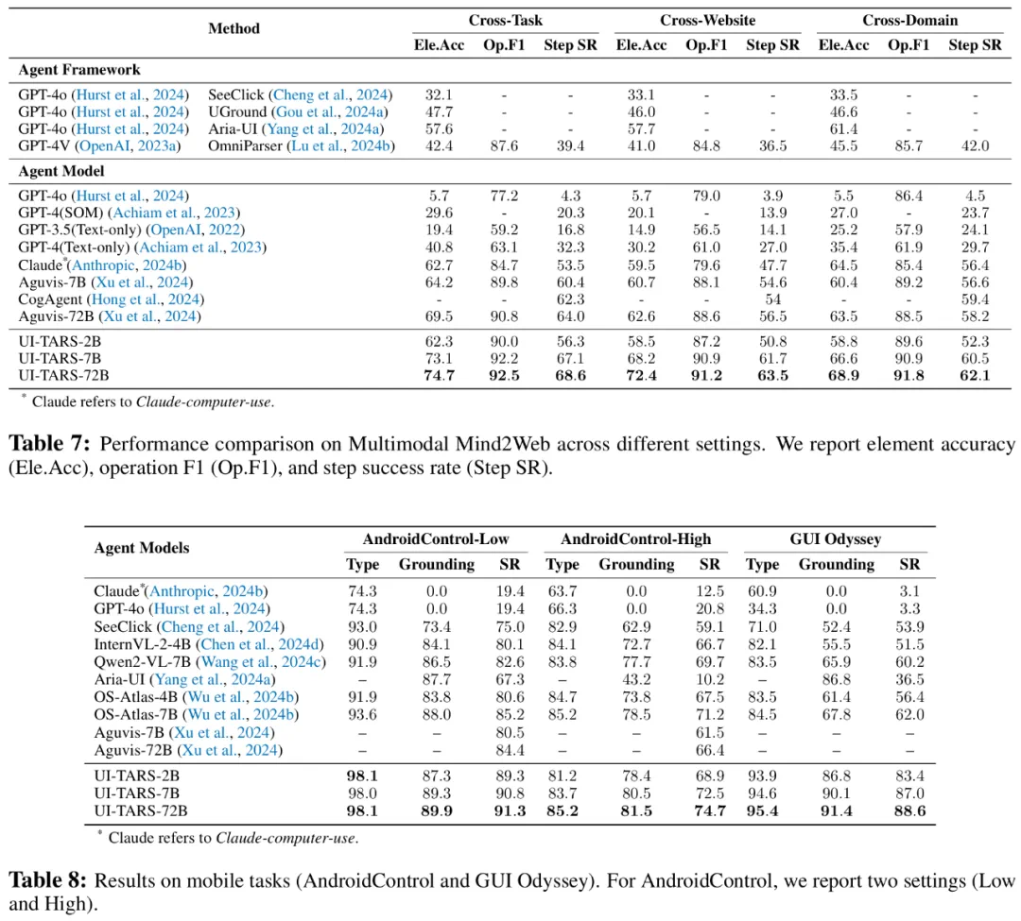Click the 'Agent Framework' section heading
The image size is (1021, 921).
[79, 70]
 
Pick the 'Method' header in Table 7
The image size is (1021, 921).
[234, 28]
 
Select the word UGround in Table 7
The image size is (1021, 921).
[237, 111]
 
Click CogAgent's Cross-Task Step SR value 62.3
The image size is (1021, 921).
[570, 299]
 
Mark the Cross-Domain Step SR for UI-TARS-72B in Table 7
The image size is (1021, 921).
[975, 376]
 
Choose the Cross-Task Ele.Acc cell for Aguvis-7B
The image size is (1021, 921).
[439, 282]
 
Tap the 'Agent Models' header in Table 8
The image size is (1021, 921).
[142, 548]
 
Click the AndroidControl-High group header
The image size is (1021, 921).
[635, 539]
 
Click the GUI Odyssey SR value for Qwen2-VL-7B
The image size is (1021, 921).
[909, 661]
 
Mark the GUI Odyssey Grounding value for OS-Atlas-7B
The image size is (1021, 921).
[822, 714]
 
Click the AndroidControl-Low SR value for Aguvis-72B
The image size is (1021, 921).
[510, 750]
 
